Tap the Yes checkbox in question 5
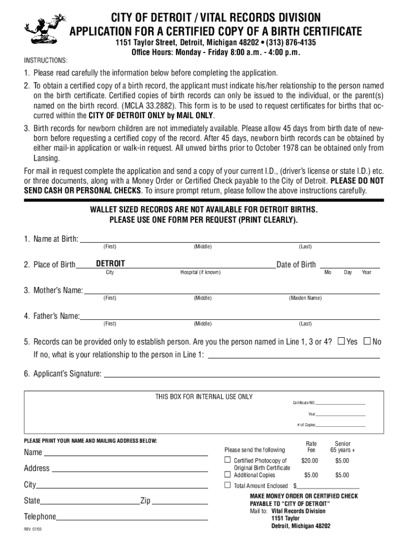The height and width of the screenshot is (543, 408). pos(341,341)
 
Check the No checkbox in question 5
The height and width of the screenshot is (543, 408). pos(367,341)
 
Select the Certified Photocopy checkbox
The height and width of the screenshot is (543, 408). pos(228,460)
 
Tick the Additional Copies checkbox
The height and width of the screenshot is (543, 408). pos(228,475)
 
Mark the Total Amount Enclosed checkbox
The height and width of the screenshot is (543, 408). pos(228,485)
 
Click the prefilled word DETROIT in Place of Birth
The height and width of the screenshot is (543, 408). pos(111,264)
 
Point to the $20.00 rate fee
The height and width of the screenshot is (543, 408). pos(309,461)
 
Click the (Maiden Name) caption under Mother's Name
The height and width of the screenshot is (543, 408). pos(305,298)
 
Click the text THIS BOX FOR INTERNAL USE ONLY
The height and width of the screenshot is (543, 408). pos(203,397)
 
